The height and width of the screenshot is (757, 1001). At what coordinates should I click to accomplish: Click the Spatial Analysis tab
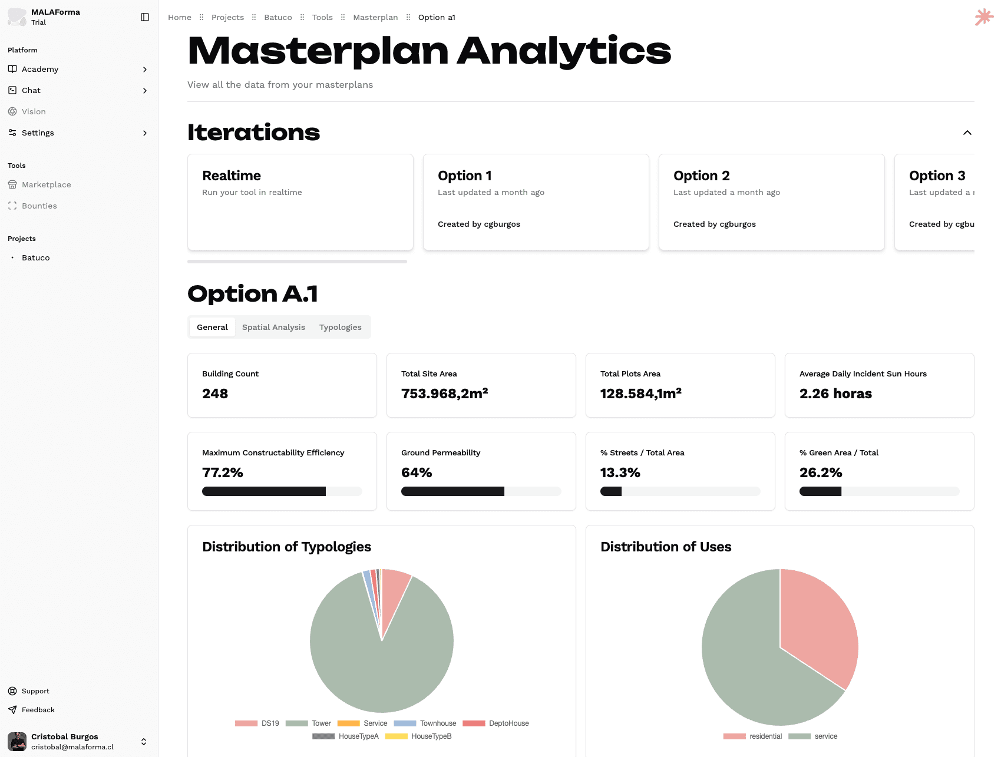273,327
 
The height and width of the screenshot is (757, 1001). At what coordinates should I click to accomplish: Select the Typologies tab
340,327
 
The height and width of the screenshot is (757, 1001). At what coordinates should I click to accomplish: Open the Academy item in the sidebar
40,69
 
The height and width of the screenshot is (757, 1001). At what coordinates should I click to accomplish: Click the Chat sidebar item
31,90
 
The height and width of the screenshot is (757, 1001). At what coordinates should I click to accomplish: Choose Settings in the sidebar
38,133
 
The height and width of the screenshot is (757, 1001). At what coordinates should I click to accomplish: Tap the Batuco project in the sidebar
36,257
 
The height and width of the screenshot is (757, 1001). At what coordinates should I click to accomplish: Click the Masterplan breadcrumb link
375,17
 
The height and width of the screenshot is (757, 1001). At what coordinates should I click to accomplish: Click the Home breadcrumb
180,17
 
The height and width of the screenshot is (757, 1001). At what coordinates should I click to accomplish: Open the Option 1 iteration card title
464,176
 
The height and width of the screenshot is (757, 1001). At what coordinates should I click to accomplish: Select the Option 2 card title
701,176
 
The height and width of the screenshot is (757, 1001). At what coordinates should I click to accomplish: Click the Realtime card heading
232,176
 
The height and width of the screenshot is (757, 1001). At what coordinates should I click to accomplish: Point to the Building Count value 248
215,394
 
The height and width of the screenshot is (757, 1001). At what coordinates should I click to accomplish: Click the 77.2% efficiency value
223,472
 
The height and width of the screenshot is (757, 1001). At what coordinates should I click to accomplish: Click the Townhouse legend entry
438,723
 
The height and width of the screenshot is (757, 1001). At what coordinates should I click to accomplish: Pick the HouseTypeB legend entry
431,736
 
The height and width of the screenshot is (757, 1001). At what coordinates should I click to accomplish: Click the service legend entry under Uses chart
825,736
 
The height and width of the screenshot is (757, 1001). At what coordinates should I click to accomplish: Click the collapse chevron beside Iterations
967,133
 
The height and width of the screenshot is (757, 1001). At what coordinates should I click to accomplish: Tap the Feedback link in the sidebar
38,710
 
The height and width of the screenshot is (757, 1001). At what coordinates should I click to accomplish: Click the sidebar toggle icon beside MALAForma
145,17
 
